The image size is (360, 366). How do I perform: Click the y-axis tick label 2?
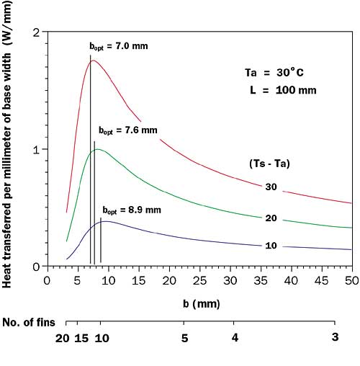click(x=35, y=32)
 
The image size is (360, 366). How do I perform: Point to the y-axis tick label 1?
click(x=35, y=149)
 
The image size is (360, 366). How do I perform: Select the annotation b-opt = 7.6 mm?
click(x=127, y=130)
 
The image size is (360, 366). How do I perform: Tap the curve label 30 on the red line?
click(x=271, y=187)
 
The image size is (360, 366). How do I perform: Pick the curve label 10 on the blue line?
click(x=271, y=246)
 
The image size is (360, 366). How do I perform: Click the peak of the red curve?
click(x=94, y=61)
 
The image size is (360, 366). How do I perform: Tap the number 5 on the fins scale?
click(x=186, y=337)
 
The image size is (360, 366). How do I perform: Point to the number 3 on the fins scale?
click(x=334, y=337)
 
